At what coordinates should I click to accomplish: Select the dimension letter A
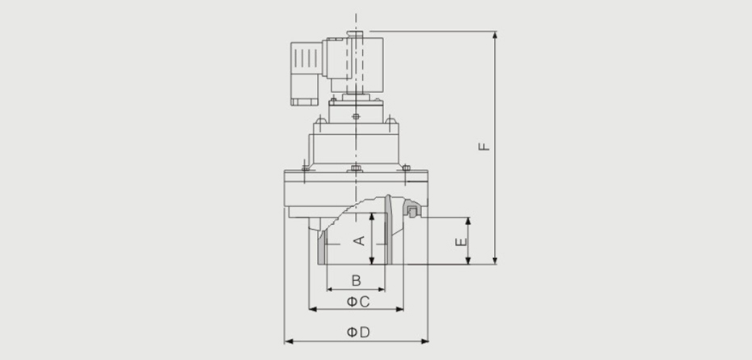coord(359,240)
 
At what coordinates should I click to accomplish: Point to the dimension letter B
coord(356,281)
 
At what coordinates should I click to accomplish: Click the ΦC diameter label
coord(357,302)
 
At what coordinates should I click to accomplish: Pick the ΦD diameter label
coord(358,332)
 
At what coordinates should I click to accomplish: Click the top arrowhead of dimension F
coord(495,35)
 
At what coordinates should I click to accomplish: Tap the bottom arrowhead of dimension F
coord(495,260)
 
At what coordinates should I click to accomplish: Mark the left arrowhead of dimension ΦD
coord(289,341)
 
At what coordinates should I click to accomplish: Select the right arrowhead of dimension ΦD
coord(425,341)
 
